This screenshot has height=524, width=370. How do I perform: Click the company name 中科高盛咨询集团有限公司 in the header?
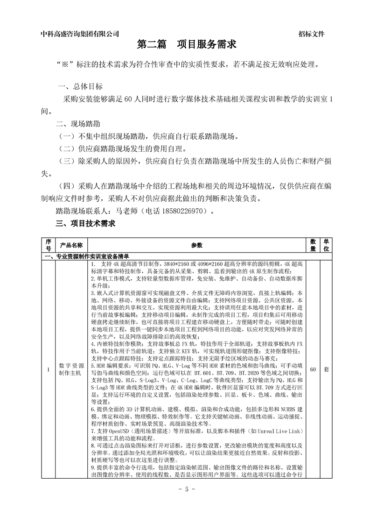coord(80,34)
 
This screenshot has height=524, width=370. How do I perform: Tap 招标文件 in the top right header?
coord(311,34)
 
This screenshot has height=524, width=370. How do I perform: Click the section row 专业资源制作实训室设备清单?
coord(88,256)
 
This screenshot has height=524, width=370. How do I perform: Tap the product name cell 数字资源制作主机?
coord(71,369)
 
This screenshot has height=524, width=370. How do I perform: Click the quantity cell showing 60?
coord(313,369)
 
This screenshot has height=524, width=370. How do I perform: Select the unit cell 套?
coord(326,369)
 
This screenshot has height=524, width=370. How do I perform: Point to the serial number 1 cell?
coord(48,369)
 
